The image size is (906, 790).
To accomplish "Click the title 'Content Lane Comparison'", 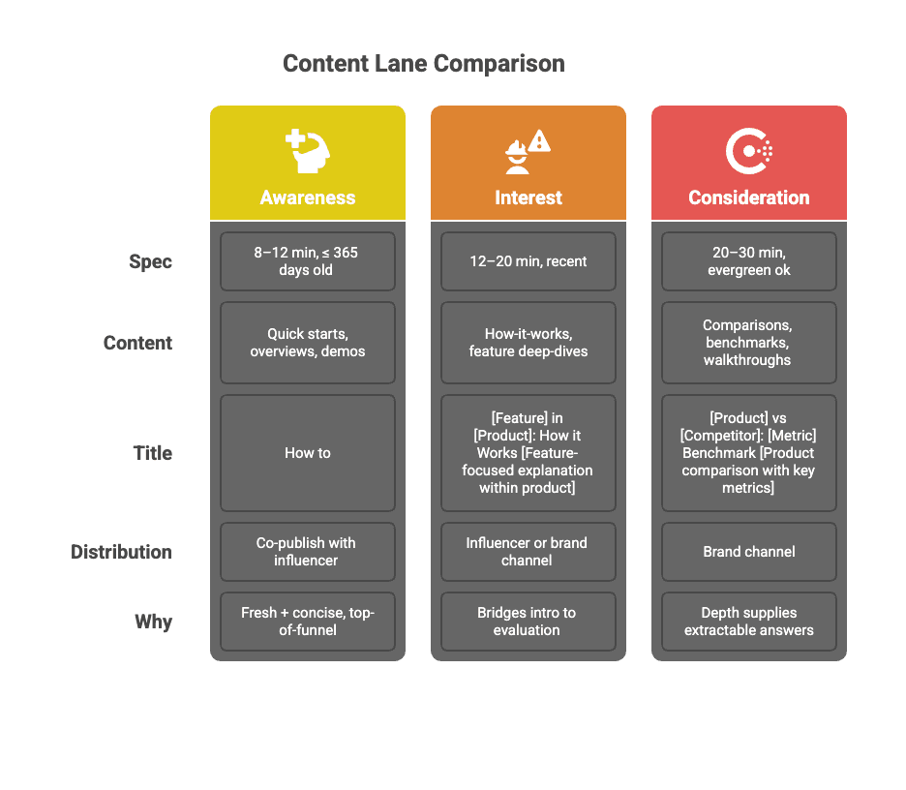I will pos(423,64).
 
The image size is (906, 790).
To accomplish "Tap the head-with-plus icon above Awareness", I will pos(307,150).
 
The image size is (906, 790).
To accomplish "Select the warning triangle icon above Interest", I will pos(539,141).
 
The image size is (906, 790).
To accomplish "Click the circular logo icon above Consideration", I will pos(748,150).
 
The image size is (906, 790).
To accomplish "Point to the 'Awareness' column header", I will pos(307,197).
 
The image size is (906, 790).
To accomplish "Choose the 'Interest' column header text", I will pos(528,197).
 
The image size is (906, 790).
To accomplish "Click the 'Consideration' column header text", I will pos(748,197).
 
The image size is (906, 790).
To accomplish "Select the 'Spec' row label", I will pos(151,261).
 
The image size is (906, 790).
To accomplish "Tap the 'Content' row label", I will pos(137,343).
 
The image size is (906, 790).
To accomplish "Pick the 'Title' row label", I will pos(152,453).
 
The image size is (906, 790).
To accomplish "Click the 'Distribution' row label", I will pos(121,552).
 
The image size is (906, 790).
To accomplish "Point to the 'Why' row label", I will pos(153,622).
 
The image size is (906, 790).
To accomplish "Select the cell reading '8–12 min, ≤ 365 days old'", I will pos(307,261).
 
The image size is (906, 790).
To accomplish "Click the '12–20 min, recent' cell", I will pos(528,261).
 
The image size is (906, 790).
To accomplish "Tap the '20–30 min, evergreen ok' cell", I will pos(748,261).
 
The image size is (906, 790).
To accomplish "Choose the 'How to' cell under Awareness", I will pos(307,453).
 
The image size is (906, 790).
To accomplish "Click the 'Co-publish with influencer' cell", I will pos(307,552).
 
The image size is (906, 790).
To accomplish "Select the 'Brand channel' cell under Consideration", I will pos(748,552).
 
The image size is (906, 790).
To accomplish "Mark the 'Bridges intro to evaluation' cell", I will pos(528,622).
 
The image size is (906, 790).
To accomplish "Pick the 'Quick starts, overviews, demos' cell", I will pos(307,343).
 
